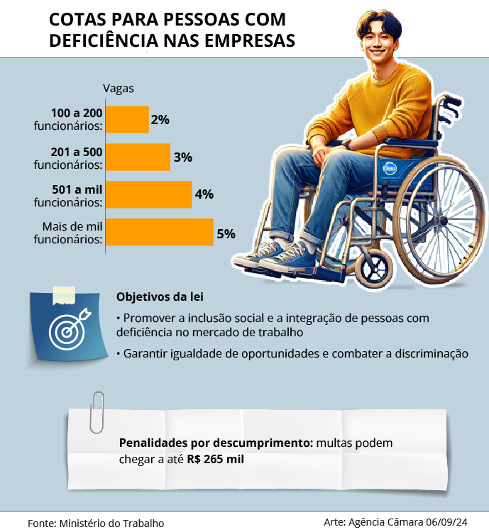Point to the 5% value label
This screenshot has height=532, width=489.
[226, 233]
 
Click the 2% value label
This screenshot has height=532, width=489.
[160, 120]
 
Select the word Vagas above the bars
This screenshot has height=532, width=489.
[119, 89]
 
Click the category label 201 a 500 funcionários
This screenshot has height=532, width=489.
[68, 157]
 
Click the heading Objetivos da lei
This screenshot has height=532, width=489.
[154, 297]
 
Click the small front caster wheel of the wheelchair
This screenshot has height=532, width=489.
[373, 269]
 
